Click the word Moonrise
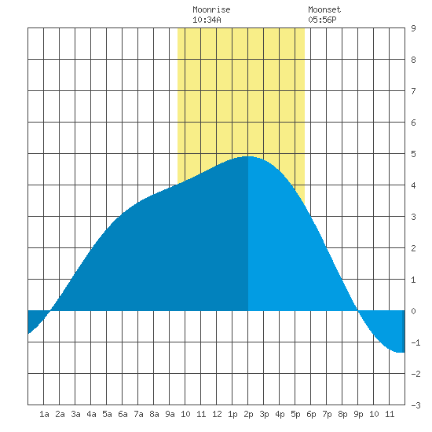click(x=211, y=9)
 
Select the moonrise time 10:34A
click(x=207, y=20)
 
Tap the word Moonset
click(x=324, y=9)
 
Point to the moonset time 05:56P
click(x=322, y=20)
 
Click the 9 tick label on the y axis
click(x=413, y=28)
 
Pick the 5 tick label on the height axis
click(x=413, y=154)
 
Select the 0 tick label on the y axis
click(x=413, y=311)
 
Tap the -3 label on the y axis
click(x=416, y=405)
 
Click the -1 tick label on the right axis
click(x=416, y=342)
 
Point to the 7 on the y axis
click(x=413, y=91)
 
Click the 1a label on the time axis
click(x=44, y=414)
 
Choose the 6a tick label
click(x=123, y=414)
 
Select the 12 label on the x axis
click(x=217, y=414)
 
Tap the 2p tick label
click(x=248, y=414)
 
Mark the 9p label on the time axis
click(x=358, y=414)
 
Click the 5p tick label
click(x=295, y=414)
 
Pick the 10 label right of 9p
click(x=374, y=414)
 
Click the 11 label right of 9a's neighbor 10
click(x=201, y=414)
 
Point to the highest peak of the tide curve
click(x=247, y=156)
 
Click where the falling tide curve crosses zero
click(x=357, y=311)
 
